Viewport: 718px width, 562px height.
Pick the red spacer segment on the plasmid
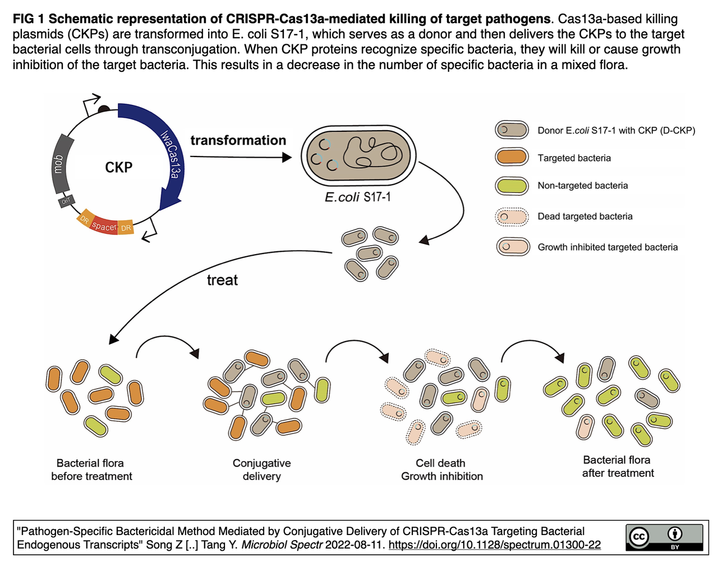point(104,226)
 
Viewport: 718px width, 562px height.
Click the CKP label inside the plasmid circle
point(119,167)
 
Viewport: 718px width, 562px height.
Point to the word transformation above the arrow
point(238,140)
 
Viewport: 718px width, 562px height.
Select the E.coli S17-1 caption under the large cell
point(358,197)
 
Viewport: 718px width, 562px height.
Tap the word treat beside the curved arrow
point(222,280)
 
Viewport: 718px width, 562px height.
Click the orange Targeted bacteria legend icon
point(512,158)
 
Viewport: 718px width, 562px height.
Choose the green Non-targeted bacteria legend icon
point(512,186)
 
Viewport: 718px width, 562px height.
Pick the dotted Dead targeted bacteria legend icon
point(512,216)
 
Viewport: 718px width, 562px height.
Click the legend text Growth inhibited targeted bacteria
point(607,247)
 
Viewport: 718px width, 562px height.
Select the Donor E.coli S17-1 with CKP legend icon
point(512,130)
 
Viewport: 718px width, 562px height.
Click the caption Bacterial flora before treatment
point(91,469)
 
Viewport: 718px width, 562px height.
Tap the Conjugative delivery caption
point(261,469)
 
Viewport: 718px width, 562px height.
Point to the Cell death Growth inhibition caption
point(441,469)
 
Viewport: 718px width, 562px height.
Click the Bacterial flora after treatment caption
point(617,466)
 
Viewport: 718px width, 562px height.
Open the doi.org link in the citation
point(494,545)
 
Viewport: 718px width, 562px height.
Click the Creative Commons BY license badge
point(664,537)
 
